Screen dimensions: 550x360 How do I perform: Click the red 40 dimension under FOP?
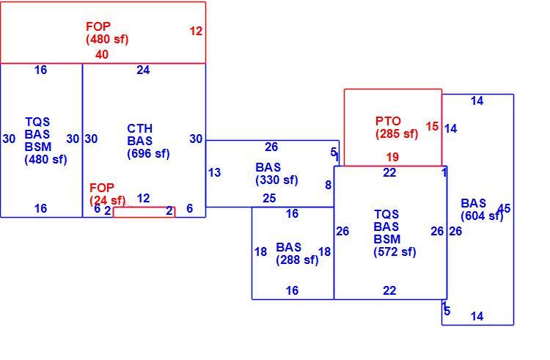pos(102,55)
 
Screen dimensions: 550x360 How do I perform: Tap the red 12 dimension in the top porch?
pos(196,32)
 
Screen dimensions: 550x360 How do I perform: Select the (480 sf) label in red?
pos(107,40)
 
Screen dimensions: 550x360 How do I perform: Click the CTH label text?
pos(139,128)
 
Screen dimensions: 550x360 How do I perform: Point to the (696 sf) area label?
pos(148,154)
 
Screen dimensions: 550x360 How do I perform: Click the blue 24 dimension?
pos(143,70)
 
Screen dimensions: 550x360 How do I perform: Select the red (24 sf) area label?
pos(107,200)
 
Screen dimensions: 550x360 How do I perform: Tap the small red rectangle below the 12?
pos(144,212)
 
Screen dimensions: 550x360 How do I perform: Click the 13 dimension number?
pos(214,172)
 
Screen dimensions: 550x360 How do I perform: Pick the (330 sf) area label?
pos(276,180)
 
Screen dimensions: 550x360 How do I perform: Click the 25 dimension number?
pos(269,199)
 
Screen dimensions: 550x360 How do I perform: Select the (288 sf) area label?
pos(297,260)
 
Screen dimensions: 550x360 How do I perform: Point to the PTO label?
pos(388,121)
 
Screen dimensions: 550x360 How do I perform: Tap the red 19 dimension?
pos(392,158)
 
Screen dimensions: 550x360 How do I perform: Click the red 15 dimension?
pos(432,127)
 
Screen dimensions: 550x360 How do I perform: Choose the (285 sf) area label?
pos(397,134)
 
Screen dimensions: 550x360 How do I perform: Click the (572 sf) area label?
pos(395,252)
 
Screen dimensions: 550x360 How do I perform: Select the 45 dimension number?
pos(504,208)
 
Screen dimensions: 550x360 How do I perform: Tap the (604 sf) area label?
pos(482,216)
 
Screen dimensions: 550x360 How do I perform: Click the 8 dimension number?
pos(328,185)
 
